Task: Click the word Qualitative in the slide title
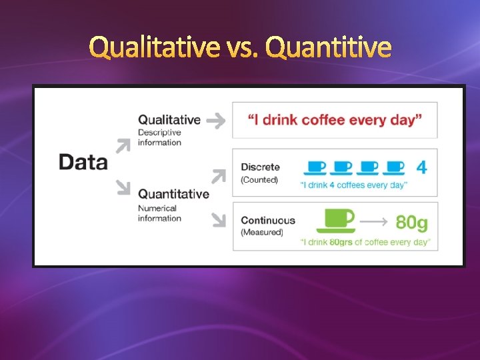coord(154,47)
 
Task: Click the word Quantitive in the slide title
coord(328,47)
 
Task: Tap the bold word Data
coord(83,162)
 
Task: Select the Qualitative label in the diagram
coord(169,119)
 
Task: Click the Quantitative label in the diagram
coord(173,194)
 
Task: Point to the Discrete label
coord(260,167)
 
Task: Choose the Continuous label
coord(267,220)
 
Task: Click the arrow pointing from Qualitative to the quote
coord(215,120)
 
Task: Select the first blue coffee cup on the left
coord(315,167)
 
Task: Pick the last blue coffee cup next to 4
coord(395,167)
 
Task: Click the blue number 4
coord(421,167)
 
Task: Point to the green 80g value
coord(412,221)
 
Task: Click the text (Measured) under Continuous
coord(262,232)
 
